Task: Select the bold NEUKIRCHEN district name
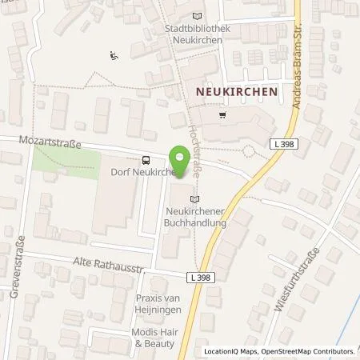(x=237, y=92)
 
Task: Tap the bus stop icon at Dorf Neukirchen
(x=145, y=159)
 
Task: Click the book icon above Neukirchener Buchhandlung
(x=194, y=198)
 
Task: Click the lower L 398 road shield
(x=204, y=276)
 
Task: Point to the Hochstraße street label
(x=192, y=132)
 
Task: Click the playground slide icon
(x=114, y=55)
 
